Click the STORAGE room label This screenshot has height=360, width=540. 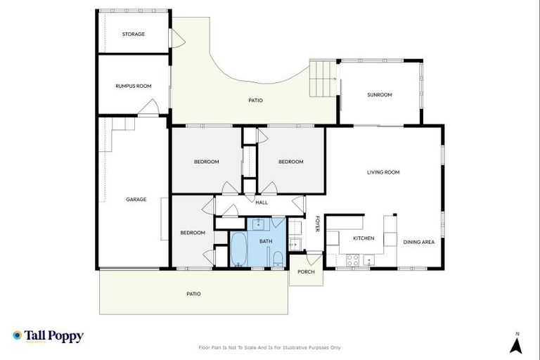[x=133, y=34]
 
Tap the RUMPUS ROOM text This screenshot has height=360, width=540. [x=133, y=86]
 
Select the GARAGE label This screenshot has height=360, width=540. [x=136, y=199]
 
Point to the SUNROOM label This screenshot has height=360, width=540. [x=380, y=95]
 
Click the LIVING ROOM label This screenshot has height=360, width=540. [x=383, y=172]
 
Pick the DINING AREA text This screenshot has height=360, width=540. [x=418, y=242]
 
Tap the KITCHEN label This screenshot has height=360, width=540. [x=364, y=238]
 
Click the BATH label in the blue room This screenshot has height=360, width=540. [x=266, y=241]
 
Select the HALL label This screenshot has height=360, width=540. [x=262, y=202]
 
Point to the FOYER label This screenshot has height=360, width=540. [x=317, y=223]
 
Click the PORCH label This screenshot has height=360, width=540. [x=306, y=271]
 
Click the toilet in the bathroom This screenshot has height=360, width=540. [x=278, y=259]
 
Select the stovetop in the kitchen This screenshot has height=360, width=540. [x=352, y=259]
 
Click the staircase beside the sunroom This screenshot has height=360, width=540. [x=323, y=72]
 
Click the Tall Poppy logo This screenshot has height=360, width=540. [x=48, y=336]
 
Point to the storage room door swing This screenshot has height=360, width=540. [x=178, y=39]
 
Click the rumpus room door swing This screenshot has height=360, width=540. [x=149, y=107]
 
